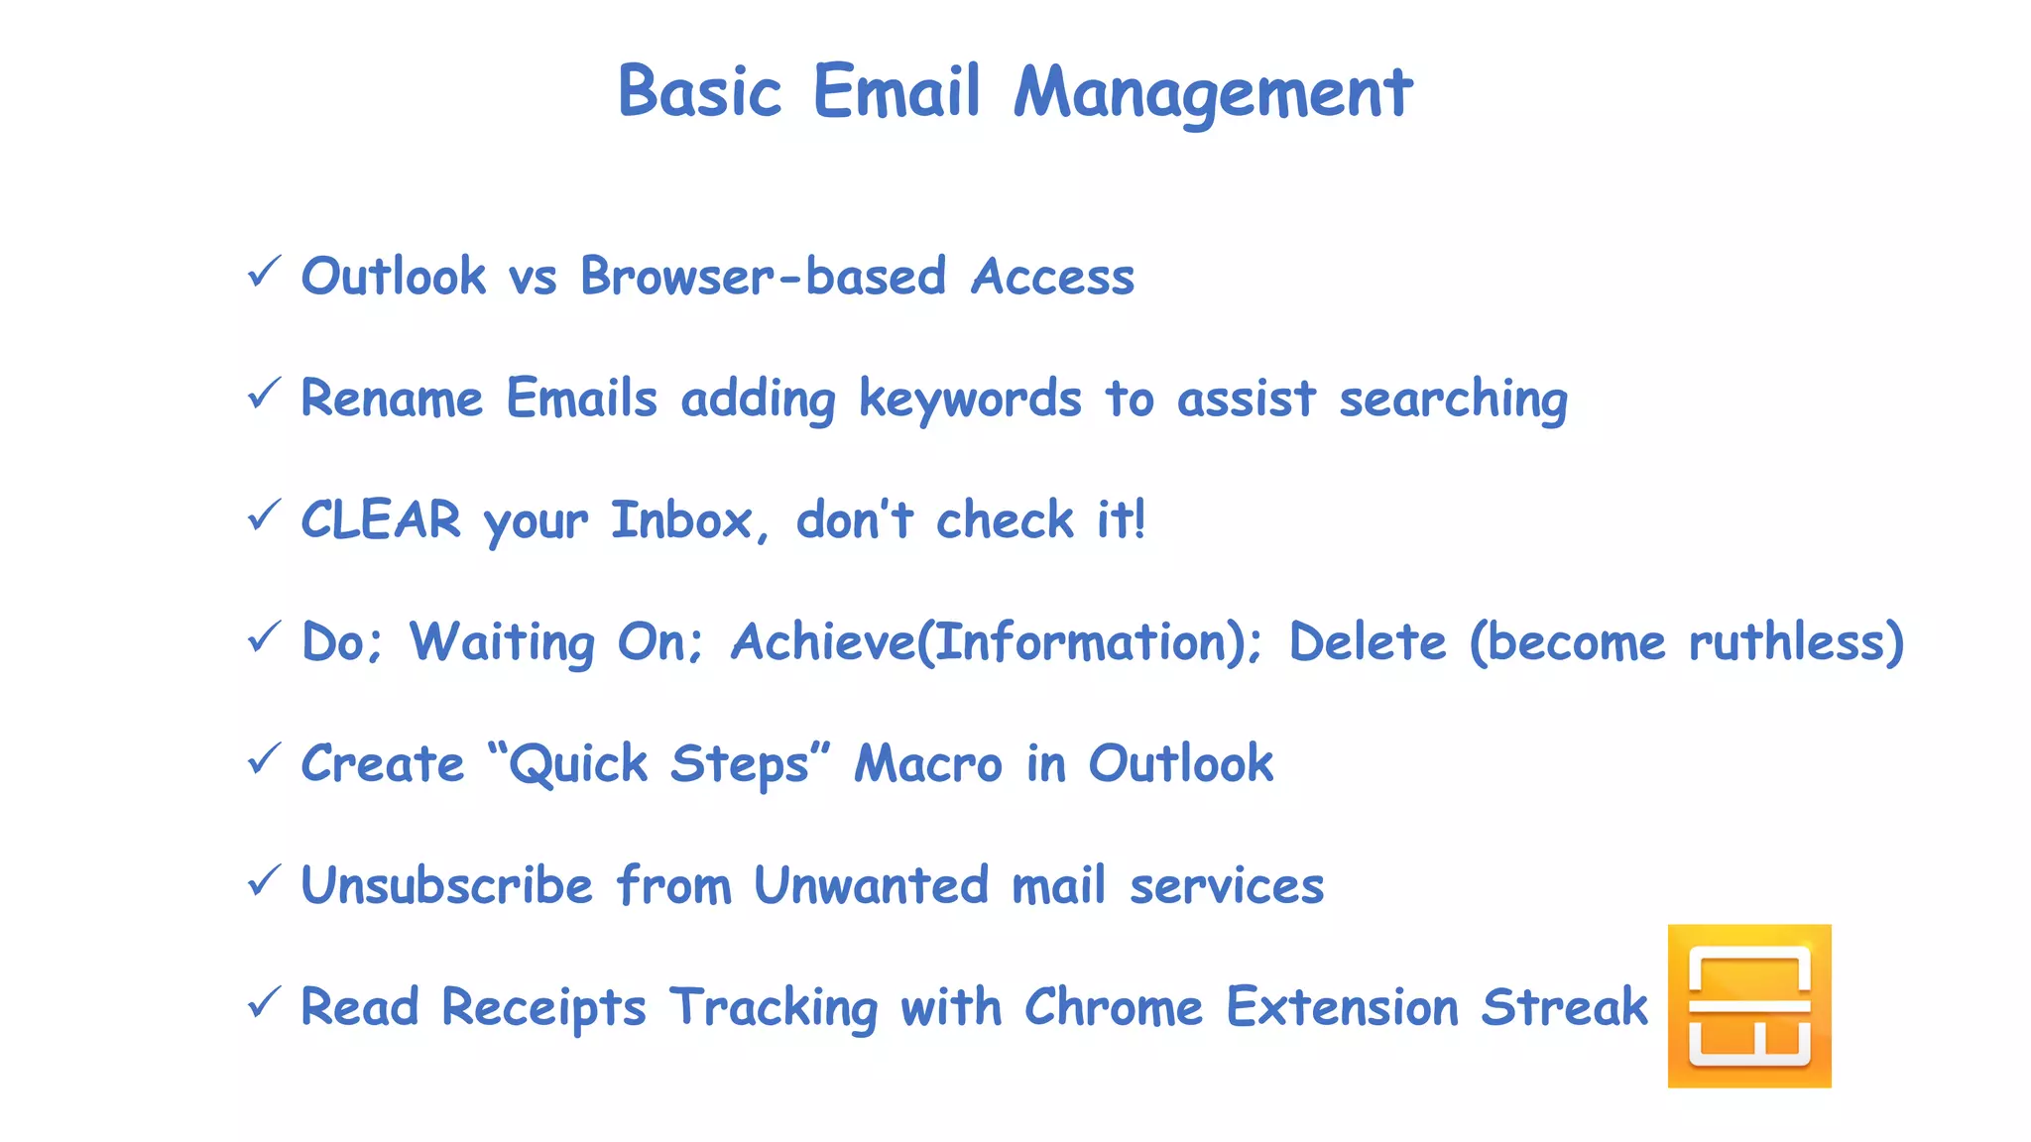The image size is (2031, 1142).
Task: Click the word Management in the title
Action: [1212, 92]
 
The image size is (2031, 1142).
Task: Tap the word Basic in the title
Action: [699, 92]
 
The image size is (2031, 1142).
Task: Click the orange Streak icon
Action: [1748, 1005]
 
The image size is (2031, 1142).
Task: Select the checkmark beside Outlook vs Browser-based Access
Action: [264, 271]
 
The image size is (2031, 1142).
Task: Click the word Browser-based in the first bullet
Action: [763, 276]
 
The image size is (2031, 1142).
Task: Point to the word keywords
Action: [969, 399]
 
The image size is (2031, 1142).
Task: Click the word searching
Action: [1453, 399]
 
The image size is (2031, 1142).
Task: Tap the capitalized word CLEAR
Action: [381, 519]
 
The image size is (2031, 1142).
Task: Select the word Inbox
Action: [682, 519]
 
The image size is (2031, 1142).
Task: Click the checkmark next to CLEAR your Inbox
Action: [264, 514]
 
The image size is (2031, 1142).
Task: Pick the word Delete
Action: [1367, 641]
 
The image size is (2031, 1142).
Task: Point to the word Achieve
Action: [823, 641]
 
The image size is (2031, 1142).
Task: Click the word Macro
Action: [928, 763]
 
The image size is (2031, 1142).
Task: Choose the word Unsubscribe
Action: [446, 884]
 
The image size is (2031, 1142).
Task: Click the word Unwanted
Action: [871, 884]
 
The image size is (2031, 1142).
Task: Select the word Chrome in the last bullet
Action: [1113, 1006]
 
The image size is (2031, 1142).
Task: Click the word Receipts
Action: [543, 1007]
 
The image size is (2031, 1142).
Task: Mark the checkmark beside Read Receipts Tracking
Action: [264, 1001]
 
